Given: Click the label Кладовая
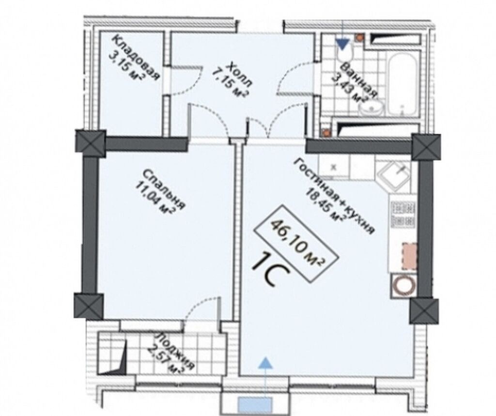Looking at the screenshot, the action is click(136, 58).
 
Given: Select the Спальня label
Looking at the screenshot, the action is click(164, 189).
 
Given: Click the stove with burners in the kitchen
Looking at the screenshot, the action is click(403, 215).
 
